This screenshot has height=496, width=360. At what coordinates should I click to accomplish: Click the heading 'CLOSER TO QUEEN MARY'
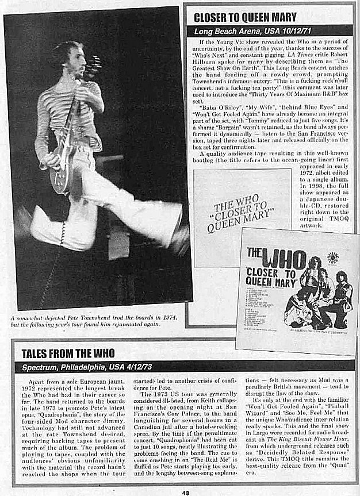pyautogui.click(x=245, y=17)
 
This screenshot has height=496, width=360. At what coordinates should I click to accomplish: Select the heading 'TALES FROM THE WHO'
pyautogui.click(x=68, y=353)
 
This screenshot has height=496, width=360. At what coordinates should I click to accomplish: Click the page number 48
pyautogui.click(x=185, y=491)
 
